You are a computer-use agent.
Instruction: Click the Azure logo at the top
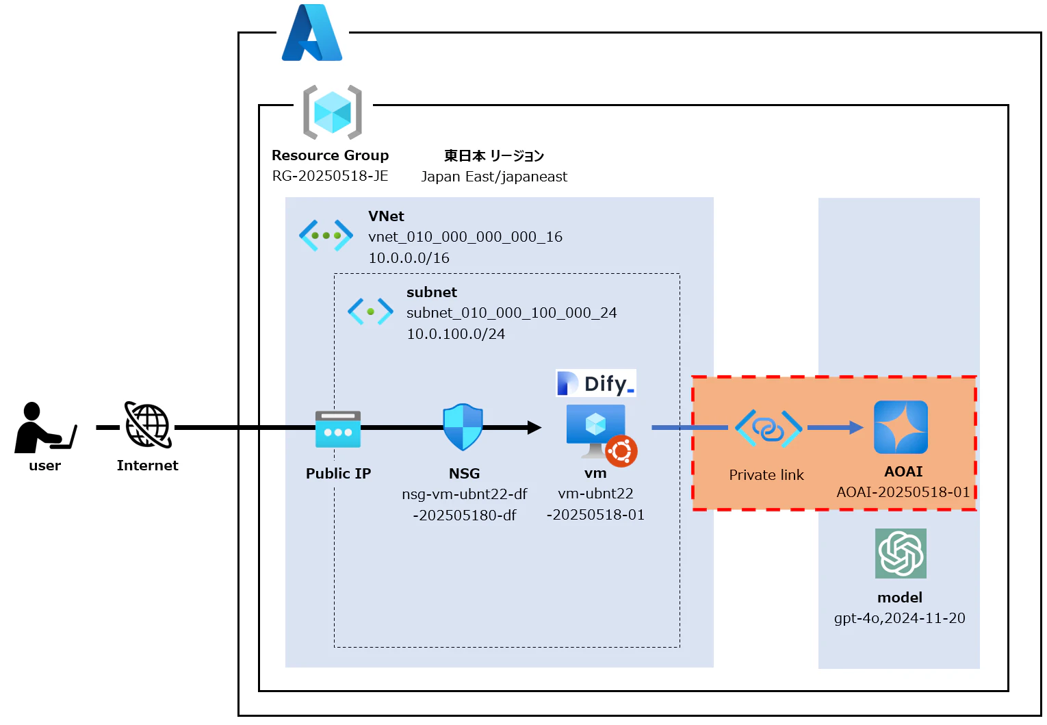click(x=312, y=34)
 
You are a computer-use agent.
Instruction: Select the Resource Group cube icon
click(x=333, y=112)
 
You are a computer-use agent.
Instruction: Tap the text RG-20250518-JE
click(x=330, y=176)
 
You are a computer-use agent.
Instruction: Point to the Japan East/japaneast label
click(x=493, y=177)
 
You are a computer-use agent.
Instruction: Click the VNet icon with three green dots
click(x=326, y=236)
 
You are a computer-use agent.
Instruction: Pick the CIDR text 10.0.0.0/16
click(x=409, y=258)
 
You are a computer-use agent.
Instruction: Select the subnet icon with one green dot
click(x=370, y=311)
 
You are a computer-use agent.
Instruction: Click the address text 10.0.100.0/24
click(x=456, y=334)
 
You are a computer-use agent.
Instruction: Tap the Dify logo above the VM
click(x=596, y=383)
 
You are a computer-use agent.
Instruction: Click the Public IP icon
click(x=338, y=429)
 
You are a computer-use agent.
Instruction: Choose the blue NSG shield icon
click(x=463, y=427)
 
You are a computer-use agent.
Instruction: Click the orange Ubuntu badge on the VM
click(x=621, y=451)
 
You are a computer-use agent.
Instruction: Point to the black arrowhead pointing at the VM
click(x=534, y=428)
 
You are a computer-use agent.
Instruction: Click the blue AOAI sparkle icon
click(x=901, y=427)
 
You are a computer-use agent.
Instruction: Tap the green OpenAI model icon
click(x=901, y=553)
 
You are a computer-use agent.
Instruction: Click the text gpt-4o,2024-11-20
click(x=899, y=618)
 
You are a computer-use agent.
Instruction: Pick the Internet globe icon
click(x=148, y=425)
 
